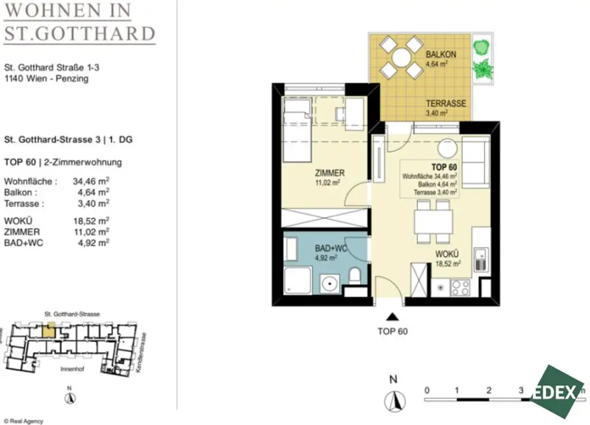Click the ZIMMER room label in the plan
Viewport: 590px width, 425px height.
[330, 172]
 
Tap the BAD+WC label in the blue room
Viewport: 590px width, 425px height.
[331, 249]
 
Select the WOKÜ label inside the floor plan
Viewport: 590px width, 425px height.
[447, 254]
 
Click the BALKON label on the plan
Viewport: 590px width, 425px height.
[441, 54]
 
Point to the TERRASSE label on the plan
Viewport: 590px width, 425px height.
[445, 104]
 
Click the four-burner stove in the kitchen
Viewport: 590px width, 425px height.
[460, 287]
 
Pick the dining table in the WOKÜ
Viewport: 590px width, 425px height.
[433, 221]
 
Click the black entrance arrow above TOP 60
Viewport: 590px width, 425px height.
[392, 316]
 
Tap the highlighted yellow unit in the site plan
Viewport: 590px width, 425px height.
[50, 329]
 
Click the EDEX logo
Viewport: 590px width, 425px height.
[556, 392]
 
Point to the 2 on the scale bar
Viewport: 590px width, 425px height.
[489, 390]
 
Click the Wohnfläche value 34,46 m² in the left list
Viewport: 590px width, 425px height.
[91, 180]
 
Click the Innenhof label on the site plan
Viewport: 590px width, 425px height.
[72, 368]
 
